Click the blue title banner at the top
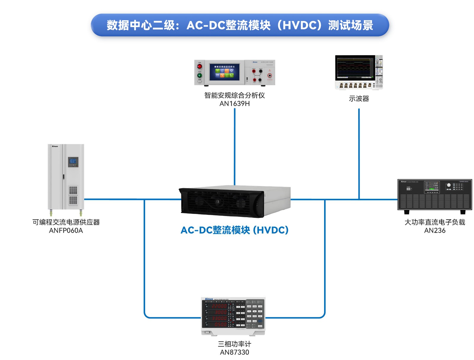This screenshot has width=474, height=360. (240, 25)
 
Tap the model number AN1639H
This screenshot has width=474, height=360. (234, 104)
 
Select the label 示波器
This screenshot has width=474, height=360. (359, 99)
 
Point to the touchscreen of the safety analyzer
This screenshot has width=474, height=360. (224, 72)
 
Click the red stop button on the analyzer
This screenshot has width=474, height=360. (200, 67)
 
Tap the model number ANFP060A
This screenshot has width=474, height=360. (66, 231)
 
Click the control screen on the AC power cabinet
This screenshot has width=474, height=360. (73, 162)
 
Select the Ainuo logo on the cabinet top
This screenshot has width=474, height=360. (55, 146)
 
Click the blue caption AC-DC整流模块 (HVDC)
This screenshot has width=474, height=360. (234, 230)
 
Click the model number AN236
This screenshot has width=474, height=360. (435, 231)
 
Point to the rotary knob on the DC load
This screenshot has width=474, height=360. (449, 185)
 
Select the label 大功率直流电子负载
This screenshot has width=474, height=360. (435, 222)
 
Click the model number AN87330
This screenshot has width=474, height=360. (234, 352)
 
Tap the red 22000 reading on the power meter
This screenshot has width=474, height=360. (219, 306)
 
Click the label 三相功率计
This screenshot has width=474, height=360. (234, 344)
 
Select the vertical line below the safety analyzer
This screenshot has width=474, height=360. (235, 145)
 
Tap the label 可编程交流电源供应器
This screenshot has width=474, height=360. (66, 222)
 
